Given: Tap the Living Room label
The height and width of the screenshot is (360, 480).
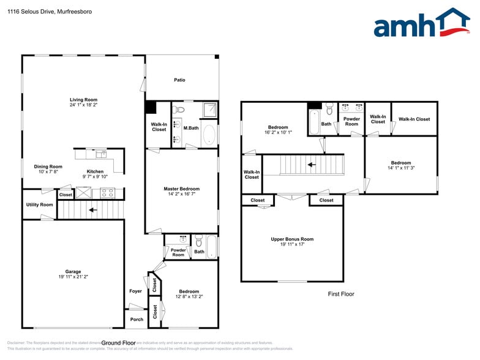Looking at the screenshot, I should (x=83, y=100).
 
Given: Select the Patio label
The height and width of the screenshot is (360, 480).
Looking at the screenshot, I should (x=179, y=80).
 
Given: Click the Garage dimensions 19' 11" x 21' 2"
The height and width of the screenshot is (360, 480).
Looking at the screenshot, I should (x=73, y=277).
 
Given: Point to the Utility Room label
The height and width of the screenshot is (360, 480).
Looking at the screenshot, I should (x=39, y=204).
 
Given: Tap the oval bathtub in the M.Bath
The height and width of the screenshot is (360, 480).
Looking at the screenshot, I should (x=209, y=135).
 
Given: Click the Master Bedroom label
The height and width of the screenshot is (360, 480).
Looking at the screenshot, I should (x=181, y=189).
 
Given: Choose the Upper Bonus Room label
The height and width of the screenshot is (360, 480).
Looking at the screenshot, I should (x=292, y=239).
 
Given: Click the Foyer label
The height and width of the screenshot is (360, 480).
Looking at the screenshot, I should (x=135, y=291).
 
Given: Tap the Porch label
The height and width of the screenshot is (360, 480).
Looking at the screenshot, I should (x=137, y=319).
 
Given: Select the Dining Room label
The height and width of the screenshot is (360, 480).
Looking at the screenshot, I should (x=48, y=167).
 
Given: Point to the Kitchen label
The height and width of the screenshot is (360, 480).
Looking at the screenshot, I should (x=95, y=171).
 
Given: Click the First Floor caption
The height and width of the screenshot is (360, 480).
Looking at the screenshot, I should (x=341, y=294).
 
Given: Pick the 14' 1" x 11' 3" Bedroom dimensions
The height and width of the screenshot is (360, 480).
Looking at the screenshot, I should (x=401, y=168).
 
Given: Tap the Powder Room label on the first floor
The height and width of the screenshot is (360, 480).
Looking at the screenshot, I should (x=351, y=121).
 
